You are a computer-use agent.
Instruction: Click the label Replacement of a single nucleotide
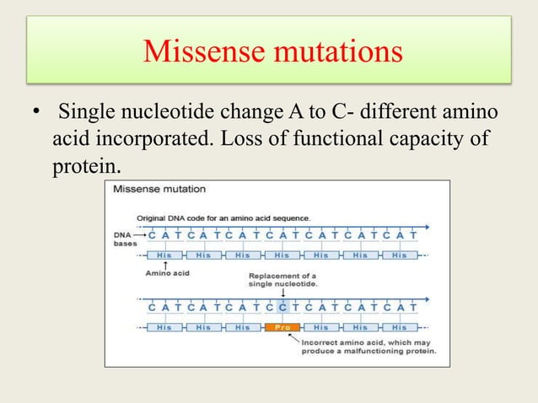[282, 280]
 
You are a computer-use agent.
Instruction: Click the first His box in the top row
[164, 255]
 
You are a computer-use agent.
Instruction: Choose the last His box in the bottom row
[399, 327]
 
